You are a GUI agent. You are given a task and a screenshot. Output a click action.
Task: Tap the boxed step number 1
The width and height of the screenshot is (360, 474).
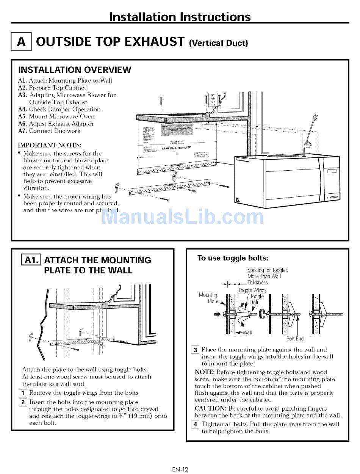[23, 393]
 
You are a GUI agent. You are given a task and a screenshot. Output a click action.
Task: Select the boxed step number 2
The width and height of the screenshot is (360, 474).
[23, 402]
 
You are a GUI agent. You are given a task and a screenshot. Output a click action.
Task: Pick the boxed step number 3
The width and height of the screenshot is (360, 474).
[195, 350]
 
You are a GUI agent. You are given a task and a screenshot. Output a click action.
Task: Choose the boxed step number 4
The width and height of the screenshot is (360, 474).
[195, 424]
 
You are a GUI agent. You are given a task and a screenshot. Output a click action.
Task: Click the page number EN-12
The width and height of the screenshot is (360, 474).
[180, 469]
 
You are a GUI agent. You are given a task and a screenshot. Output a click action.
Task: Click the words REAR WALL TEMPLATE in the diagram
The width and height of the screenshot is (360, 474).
[176, 148]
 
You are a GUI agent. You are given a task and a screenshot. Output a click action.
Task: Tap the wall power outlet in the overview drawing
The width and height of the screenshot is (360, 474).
[213, 99]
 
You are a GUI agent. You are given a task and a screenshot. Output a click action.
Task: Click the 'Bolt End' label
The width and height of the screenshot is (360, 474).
[295, 339]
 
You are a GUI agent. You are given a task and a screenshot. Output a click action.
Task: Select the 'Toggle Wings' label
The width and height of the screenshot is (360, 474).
[252, 290]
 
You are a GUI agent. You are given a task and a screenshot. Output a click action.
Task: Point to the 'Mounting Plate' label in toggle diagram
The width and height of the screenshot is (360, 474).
[209, 298]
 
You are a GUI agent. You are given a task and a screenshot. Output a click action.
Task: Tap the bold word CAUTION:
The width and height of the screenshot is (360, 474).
[210, 408]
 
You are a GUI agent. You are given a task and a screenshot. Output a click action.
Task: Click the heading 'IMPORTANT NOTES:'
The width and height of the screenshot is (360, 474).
[50, 145]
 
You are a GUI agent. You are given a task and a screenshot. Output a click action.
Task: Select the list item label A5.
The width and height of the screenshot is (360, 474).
[22, 116]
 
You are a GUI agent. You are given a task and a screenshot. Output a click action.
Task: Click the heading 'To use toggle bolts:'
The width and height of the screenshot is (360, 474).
[233, 258]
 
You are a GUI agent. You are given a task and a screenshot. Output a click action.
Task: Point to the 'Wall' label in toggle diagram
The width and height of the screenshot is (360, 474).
[247, 333]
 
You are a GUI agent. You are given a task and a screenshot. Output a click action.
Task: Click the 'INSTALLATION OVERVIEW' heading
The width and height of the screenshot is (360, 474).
[75, 70]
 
